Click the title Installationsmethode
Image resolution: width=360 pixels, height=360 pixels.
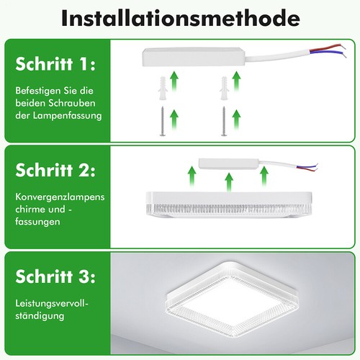tap(179, 19)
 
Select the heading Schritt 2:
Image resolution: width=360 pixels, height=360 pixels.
tap(55, 171)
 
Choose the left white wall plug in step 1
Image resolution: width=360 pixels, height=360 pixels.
tap(162, 89)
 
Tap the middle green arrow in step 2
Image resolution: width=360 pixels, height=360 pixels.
tap(228, 180)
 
